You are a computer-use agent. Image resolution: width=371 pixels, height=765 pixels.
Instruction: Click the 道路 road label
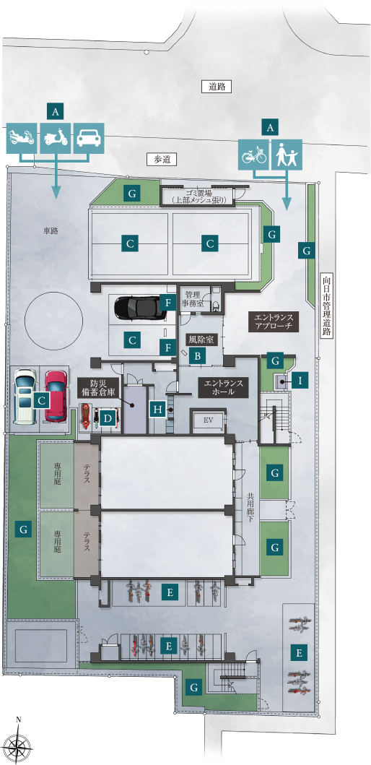(x=216, y=87)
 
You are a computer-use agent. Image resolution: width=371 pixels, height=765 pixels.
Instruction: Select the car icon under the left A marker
(x=90, y=138)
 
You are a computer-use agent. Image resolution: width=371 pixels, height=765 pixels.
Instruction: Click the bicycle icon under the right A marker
(x=254, y=155)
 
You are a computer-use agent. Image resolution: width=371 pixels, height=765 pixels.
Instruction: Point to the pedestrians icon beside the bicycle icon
(x=287, y=155)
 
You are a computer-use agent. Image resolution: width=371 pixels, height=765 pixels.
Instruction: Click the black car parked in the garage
(x=138, y=307)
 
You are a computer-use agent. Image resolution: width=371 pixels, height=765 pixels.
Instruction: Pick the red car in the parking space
(x=56, y=395)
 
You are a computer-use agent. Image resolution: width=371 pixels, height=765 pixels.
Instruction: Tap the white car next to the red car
(x=26, y=396)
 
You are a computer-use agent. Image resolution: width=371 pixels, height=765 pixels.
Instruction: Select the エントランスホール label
(x=224, y=386)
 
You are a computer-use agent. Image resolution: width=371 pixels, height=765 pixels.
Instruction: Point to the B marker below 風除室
(x=198, y=356)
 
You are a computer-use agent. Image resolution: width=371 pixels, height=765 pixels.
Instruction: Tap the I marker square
(x=300, y=380)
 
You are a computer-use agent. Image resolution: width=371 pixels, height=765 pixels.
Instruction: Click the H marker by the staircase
(x=157, y=410)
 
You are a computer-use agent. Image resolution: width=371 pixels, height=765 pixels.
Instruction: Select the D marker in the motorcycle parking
(x=108, y=418)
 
